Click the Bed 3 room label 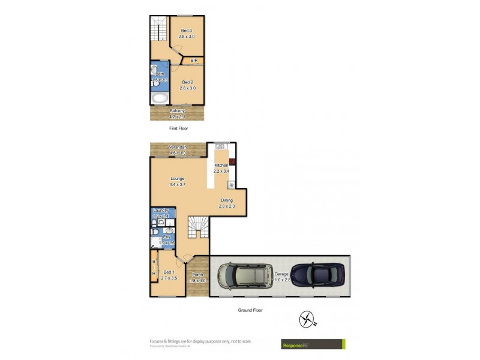click(186, 31)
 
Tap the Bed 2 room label click(187, 82)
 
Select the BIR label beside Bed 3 click(194, 61)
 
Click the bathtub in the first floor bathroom click(160, 98)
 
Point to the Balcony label click(177, 111)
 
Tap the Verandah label click(178, 148)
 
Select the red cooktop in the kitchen click(232, 161)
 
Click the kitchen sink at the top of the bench click(220, 146)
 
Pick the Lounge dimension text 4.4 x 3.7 click(177, 185)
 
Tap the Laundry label click(160, 210)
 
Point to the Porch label click(197, 275)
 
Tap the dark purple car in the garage click(317, 275)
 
